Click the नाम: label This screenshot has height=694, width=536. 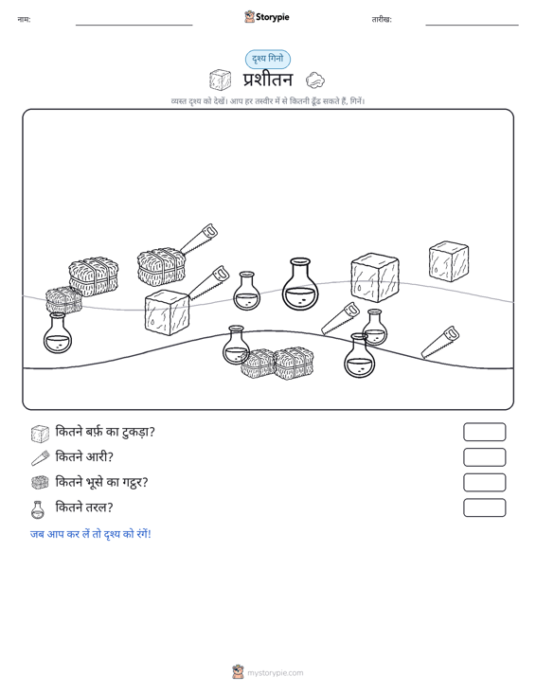click(24, 20)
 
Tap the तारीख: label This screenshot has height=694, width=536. click(382, 20)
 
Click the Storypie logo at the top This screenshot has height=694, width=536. click(267, 17)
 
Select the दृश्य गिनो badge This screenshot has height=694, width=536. click(268, 59)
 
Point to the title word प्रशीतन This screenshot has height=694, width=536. click(268, 80)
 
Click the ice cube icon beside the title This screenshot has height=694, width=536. click(220, 80)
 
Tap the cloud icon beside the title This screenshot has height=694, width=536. click(315, 80)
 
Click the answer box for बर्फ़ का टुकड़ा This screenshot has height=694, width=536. click(484, 432)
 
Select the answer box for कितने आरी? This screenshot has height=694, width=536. click(484, 457)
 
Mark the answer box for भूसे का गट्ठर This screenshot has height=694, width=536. click(484, 483)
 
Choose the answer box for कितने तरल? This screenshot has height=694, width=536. click(484, 507)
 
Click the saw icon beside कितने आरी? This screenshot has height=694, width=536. click(41, 457)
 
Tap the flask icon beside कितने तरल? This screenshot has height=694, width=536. click(38, 509)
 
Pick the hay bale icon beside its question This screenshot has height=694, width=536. click(40, 483)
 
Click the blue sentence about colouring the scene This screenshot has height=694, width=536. click(91, 534)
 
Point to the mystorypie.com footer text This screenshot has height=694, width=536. click(275, 673)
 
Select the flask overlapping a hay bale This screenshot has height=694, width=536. click(236, 346)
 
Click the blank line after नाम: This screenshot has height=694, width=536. click(134, 25)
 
